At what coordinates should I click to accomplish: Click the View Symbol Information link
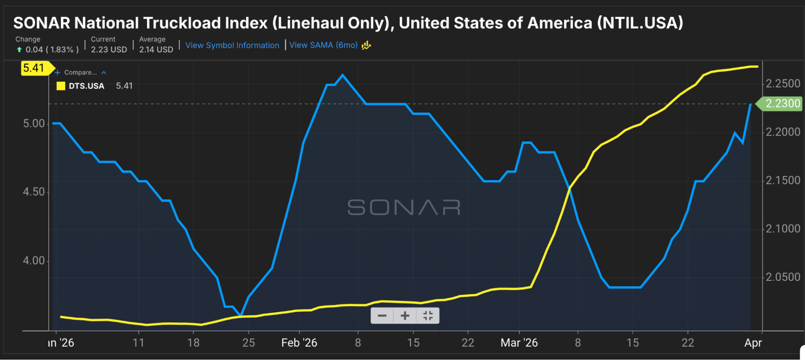tap(232, 45)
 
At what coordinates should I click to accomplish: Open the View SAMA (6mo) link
tap(323, 45)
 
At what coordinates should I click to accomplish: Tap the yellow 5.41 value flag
tap(34, 68)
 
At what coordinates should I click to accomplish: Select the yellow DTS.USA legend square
tap(61, 86)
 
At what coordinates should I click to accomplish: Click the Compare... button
tap(80, 73)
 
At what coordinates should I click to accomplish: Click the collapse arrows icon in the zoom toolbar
tap(428, 316)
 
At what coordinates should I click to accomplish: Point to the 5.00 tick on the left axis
tap(34, 124)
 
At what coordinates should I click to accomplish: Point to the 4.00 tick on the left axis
tap(34, 261)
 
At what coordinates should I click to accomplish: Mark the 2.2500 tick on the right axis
tap(783, 84)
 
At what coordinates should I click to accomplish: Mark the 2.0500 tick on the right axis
tap(783, 277)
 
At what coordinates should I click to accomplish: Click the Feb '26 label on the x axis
tap(299, 343)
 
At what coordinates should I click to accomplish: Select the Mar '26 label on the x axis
tap(519, 343)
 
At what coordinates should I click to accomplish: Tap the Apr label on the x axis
tap(753, 343)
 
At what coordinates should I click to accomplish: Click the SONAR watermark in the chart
tap(404, 207)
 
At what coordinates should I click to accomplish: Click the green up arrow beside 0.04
tap(19, 49)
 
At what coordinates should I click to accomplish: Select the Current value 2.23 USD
tap(109, 49)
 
